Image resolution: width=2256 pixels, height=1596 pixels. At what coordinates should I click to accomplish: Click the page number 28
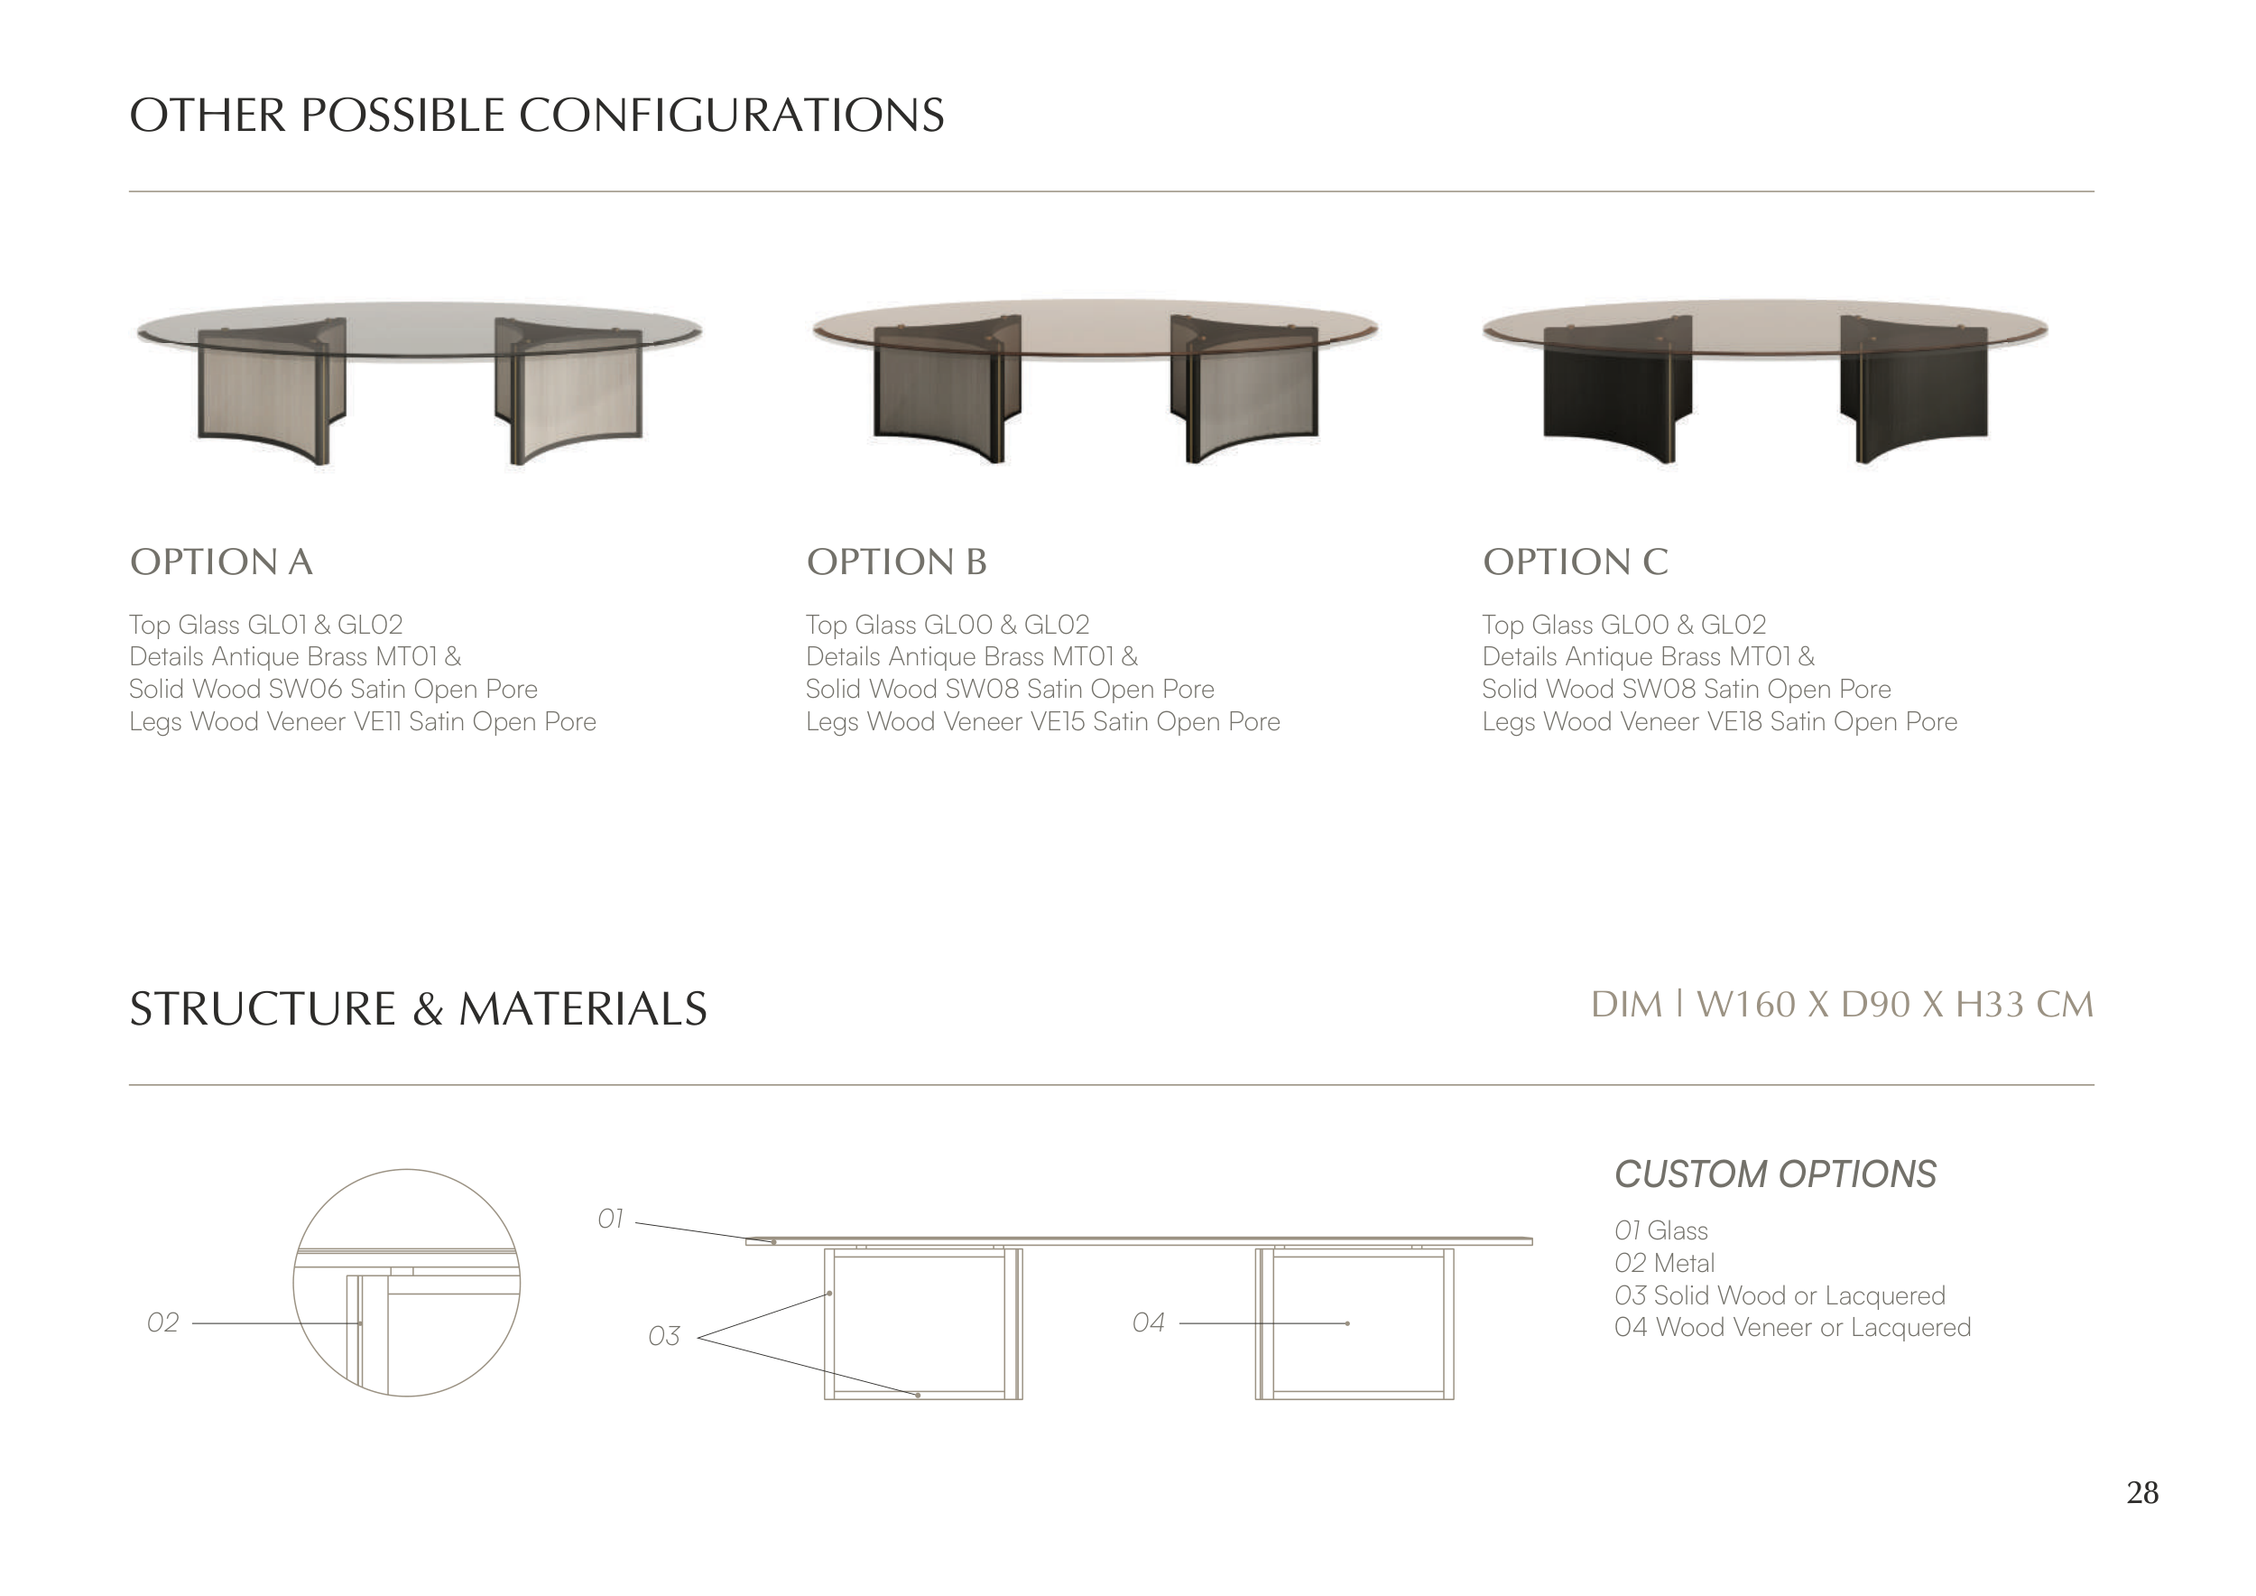(2142, 1493)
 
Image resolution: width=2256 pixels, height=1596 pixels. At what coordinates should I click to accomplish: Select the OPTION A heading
(221, 562)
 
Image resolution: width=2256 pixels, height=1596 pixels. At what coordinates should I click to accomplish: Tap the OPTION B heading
(896, 562)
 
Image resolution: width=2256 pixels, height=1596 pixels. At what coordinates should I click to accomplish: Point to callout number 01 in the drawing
(610, 1220)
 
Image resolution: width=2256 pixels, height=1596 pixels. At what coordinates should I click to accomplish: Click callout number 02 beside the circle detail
(163, 1322)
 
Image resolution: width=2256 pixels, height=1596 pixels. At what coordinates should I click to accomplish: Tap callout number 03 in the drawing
(664, 1337)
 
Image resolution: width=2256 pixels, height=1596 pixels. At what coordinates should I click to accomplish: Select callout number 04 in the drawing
(1148, 1322)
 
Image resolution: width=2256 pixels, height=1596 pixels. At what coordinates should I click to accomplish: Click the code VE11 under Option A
(377, 722)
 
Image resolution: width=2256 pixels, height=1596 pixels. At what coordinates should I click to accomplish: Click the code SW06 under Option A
(305, 689)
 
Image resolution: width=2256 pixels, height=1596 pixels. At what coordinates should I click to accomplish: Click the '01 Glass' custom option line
(1660, 1230)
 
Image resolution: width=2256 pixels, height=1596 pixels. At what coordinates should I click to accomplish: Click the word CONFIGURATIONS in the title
(731, 115)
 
